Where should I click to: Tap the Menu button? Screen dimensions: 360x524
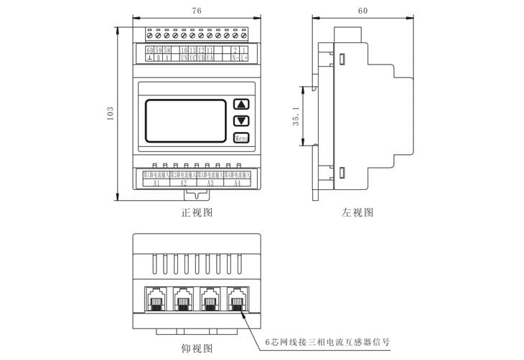pyautogui.click(x=241, y=137)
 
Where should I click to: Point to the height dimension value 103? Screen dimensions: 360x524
pyautogui.click(x=110, y=114)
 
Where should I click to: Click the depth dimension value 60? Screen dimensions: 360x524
pyautogui.click(x=362, y=11)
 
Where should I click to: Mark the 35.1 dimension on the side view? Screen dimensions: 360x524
pyautogui.click(x=296, y=117)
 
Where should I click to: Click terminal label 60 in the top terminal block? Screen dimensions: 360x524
pyautogui.click(x=149, y=50)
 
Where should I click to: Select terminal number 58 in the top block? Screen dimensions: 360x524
pyautogui.click(x=167, y=50)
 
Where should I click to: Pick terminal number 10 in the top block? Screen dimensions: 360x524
pyautogui.click(x=184, y=50)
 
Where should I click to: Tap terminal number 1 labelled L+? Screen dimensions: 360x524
pyautogui.click(x=244, y=50)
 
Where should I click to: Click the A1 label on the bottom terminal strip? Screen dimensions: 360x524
pyautogui.click(x=156, y=183)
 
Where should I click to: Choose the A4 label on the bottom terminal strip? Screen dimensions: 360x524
pyautogui.click(x=237, y=183)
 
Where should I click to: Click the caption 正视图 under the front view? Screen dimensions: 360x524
pyautogui.click(x=196, y=213)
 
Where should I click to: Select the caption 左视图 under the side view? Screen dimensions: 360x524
pyautogui.click(x=357, y=213)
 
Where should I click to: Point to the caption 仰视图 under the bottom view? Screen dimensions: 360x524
pyautogui.click(x=197, y=349)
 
